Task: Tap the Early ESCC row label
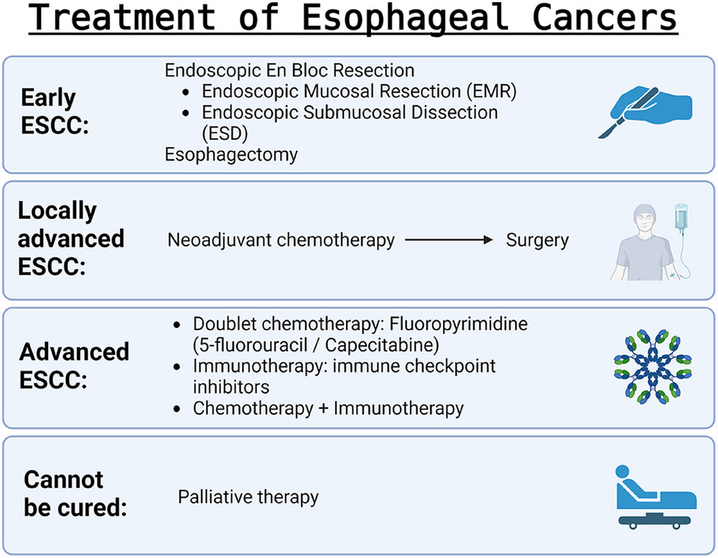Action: click(x=55, y=111)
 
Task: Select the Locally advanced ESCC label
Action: click(x=71, y=238)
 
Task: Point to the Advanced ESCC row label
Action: click(x=74, y=366)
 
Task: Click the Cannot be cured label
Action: click(x=75, y=493)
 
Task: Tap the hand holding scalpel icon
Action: click(x=646, y=112)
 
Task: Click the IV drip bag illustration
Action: click(x=681, y=217)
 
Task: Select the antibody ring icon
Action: click(x=653, y=367)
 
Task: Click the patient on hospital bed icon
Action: click(x=656, y=497)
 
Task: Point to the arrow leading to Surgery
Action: click(x=449, y=240)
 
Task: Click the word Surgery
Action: click(x=537, y=240)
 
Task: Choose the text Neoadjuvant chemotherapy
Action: click(x=281, y=240)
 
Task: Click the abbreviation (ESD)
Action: click(x=225, y=133)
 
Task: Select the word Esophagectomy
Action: click(x=231, y=155)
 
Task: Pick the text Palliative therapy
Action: click(x=248, y=497)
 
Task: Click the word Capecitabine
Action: click(x=382, y=345)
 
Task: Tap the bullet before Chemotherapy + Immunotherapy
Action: click(x=177, y=409)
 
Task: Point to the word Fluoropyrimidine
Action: click(x=458, y=324)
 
